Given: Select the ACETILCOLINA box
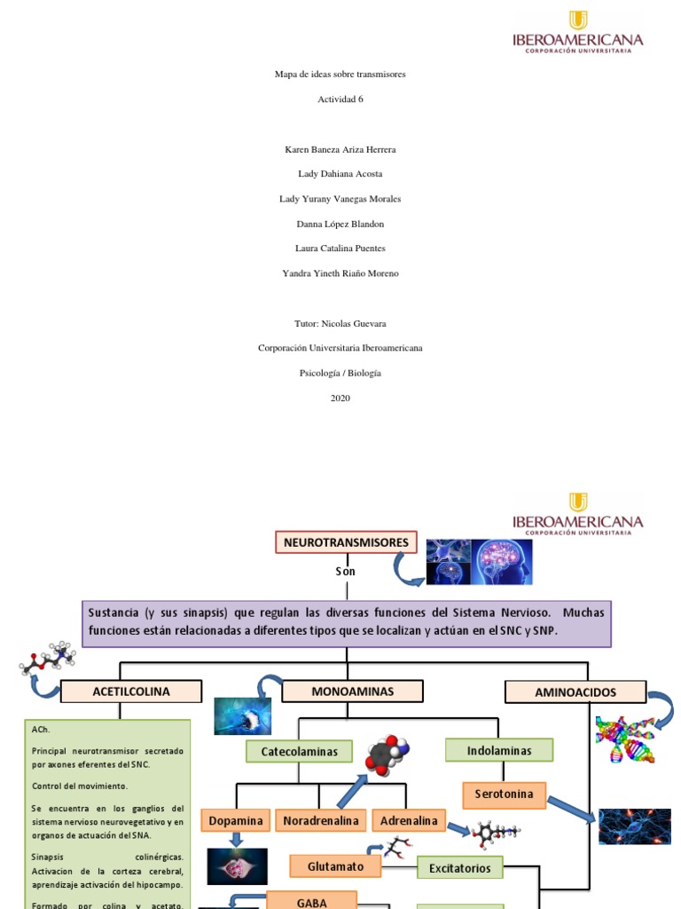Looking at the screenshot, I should [x=131, y=692].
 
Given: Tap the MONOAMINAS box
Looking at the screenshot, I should [x=352, y=692].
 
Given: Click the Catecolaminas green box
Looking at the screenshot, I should [x=299, y=752].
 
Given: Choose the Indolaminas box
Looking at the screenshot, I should [x=499, y=751].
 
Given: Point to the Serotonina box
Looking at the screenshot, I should [x=504, y=794].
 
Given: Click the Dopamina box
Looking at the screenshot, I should [x=236, y=821].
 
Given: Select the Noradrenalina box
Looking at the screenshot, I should [x=321, y=821].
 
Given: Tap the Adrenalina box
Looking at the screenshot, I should [x=409, y=821].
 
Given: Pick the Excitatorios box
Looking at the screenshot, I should [x=460, y=867].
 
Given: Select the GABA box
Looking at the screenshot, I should [x=311, y=902].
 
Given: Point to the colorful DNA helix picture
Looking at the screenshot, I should [x=625, y=739].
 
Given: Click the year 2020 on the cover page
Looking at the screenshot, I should [x=340, y=399].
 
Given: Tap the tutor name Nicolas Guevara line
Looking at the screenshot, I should [x=340, y=324].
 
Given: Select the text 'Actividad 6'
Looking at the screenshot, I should [x=340, y=99].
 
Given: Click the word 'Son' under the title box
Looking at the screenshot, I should [x=345, y=572].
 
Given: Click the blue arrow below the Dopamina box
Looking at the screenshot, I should [x=237, y=839].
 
